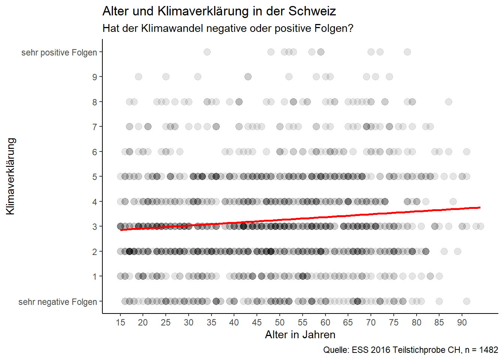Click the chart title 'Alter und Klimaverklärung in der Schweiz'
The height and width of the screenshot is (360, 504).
click(219, 11)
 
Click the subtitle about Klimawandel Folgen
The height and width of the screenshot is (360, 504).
click(228, 28)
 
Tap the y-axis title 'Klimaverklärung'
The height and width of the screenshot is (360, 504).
click(10, 176)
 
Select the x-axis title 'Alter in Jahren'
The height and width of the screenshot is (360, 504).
click(300, 334)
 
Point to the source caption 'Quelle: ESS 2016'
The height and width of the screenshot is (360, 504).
click(411, 350)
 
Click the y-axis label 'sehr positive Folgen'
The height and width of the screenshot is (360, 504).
click(59, 52)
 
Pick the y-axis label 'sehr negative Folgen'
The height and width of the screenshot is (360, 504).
click(58, 302)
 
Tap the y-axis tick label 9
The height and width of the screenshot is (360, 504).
click(94, 77)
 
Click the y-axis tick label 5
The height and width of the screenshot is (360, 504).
click(94, 177)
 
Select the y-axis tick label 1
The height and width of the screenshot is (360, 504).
click(94, 277)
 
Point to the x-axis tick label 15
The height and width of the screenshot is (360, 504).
click(120, 322)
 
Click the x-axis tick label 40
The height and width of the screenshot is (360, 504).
click(234, 322)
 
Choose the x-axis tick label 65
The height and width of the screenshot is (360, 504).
click(348, 322)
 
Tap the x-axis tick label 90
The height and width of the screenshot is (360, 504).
click(462, 322)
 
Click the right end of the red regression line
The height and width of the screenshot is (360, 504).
click(480, 207)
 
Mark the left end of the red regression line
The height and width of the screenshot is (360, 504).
click(121, 229)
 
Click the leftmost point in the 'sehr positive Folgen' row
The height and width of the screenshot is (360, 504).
click(207, 52)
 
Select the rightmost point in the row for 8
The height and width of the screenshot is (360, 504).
click(448, 102)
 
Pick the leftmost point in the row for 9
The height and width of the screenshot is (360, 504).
click(138, 76)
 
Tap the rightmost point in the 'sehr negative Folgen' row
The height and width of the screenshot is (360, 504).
click(466, 301)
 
